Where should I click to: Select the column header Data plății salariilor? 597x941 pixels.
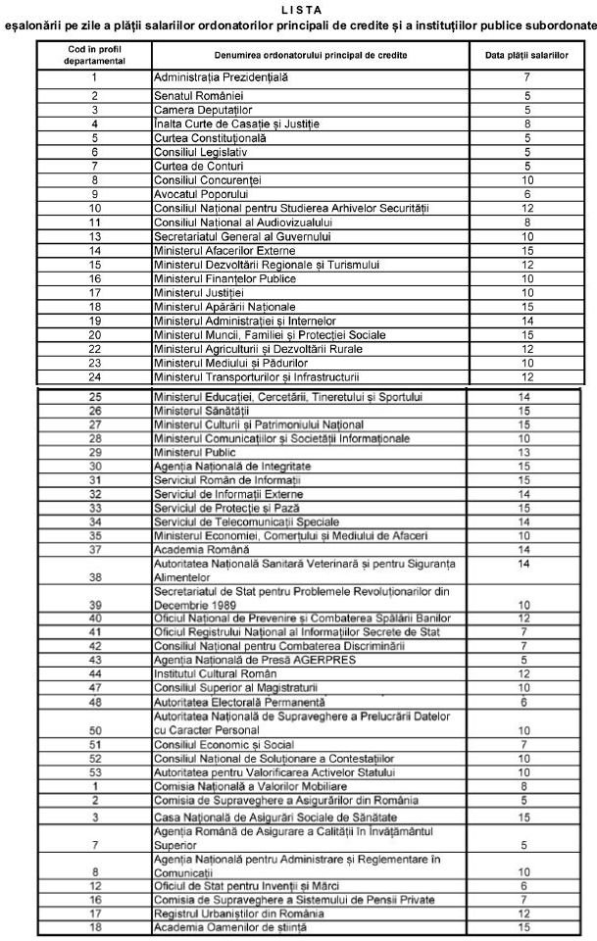pyautogui.click(x=526, y=57)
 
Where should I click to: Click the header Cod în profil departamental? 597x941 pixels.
pyautogui.click(x=94, y=57)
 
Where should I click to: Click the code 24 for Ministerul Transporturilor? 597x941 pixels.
pyautogui.click(x=94, y=375)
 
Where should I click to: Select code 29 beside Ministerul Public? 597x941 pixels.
pyautogui.click(x=94, y=452)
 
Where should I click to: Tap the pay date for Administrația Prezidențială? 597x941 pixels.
pyautogui.click(x=526, y=76)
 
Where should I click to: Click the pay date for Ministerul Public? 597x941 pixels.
pyautogui.click(x=526, y=452)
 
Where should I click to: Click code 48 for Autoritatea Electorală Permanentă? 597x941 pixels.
pyautogui.click(x=94, y=702)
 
